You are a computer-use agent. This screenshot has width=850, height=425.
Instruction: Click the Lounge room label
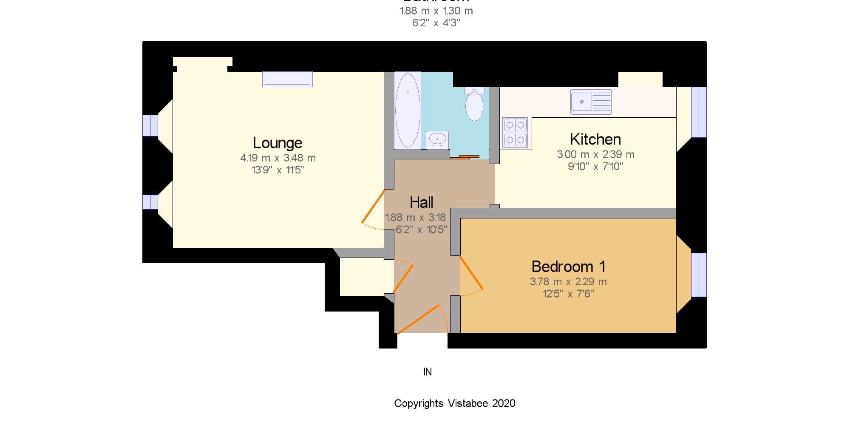pyautogui.click(x=278, y=143)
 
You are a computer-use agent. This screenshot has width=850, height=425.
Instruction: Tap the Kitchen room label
pyautogui.click(x=595, y=139)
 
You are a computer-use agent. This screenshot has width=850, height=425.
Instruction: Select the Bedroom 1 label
pyautogui.click(x=568, y=267)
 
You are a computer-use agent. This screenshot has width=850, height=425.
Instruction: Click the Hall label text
pyautogui.click(x=421, y=203)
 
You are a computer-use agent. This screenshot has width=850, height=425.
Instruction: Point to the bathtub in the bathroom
pyautogui.click(x=408, y=110)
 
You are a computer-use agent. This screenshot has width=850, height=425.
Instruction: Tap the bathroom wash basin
pyautogui.click(x=437, y=139)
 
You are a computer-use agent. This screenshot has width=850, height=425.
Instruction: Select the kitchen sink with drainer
pyautogui.click(x=591, y=102)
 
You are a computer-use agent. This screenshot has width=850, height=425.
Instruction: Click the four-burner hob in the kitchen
pyautogui.click(x=515, y=132)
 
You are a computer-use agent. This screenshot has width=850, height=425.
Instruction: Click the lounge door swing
pyautogui.click(x=374, y=210)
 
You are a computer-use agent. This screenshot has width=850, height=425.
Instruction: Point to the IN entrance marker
pyautogui.click(x=428, y=372)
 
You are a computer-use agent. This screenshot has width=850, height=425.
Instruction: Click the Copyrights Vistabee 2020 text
pyautogui.click(x=454, y=403)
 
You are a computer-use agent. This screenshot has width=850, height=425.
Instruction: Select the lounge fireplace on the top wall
pyautogui.click(x=287, y=79)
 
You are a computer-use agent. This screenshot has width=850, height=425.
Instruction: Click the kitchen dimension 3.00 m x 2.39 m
pyautogui.click(x=595, y=155)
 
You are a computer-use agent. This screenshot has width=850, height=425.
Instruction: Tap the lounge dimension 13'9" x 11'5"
pyautogui.click(x=278, y=170)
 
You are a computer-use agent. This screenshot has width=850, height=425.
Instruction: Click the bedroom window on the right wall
pyautogui.click(x=698, y=275)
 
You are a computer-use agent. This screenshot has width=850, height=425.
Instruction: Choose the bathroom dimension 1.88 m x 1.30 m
pyautogui.click(x=436, y=11)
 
